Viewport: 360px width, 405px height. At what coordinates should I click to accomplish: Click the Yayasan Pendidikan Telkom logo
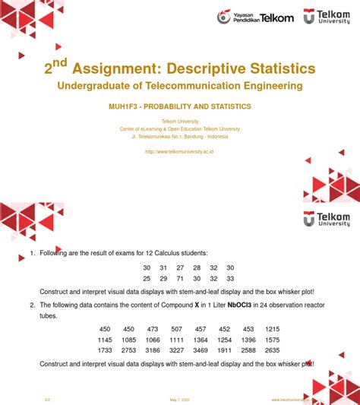click(x=255, y=17)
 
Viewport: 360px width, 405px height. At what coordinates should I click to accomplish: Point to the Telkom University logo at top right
click(x=327, y=16)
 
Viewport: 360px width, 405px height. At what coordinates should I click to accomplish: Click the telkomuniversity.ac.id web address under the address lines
click(x=179, y=152)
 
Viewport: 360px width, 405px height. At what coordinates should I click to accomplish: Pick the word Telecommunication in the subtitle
click(x=196, y=87)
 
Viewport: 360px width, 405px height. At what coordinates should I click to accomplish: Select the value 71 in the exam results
click(x=180, y=279)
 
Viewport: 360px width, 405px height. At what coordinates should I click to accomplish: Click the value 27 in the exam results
click(x=180, y=267)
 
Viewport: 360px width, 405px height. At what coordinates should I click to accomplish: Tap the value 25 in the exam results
click(x=147, y=279)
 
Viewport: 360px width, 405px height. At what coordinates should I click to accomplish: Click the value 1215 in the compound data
click(x=273, y=328)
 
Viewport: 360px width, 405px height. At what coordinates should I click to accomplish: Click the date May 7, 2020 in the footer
click(x=179, y=399)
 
